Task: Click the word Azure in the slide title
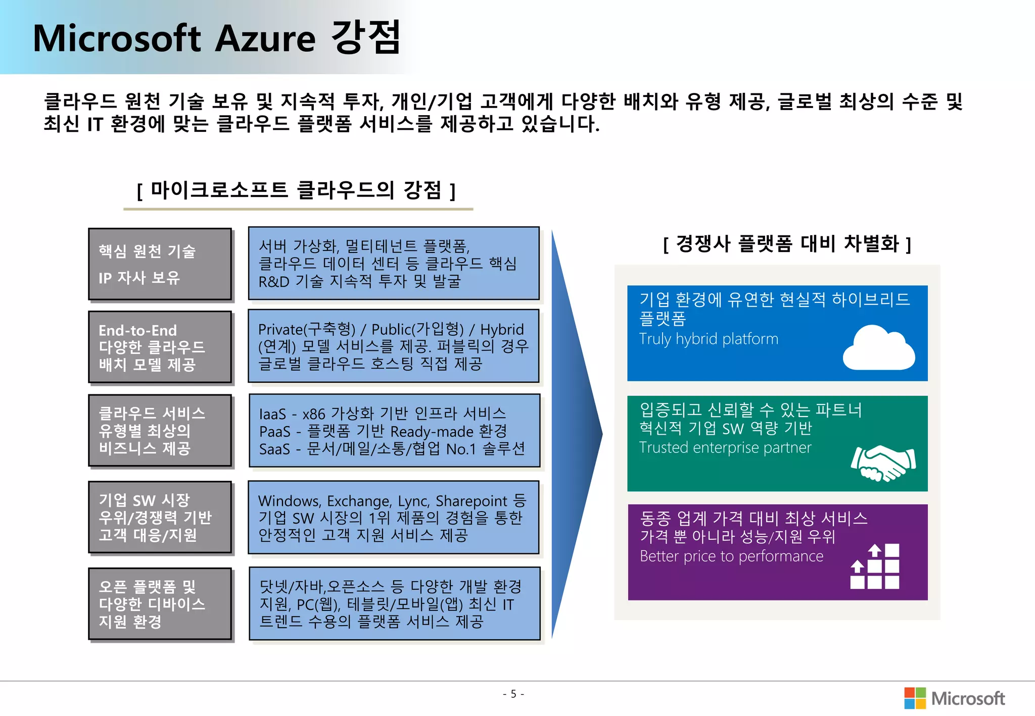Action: click(265, 39)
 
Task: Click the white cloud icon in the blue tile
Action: click(879, 348)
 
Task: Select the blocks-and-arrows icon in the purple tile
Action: click(875, 566)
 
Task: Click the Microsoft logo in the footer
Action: click(954, 698)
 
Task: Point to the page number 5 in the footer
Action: click(513, 694)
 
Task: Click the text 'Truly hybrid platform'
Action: click(709, 339)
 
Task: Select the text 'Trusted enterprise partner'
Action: click(725, 448)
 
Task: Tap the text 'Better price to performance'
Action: click(731, 556)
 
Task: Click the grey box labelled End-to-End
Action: click(160, 347)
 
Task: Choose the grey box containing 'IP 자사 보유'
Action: click(160, 264)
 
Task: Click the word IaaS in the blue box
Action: click(272, 415)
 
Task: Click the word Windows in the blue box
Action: click(289, 501)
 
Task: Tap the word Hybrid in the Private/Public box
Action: click(501, 330)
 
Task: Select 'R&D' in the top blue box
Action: click(273, 282)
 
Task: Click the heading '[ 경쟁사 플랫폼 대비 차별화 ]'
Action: click(787, 244)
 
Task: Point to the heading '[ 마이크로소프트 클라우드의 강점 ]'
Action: click(297, 191)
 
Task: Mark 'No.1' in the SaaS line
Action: click(461, 449)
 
